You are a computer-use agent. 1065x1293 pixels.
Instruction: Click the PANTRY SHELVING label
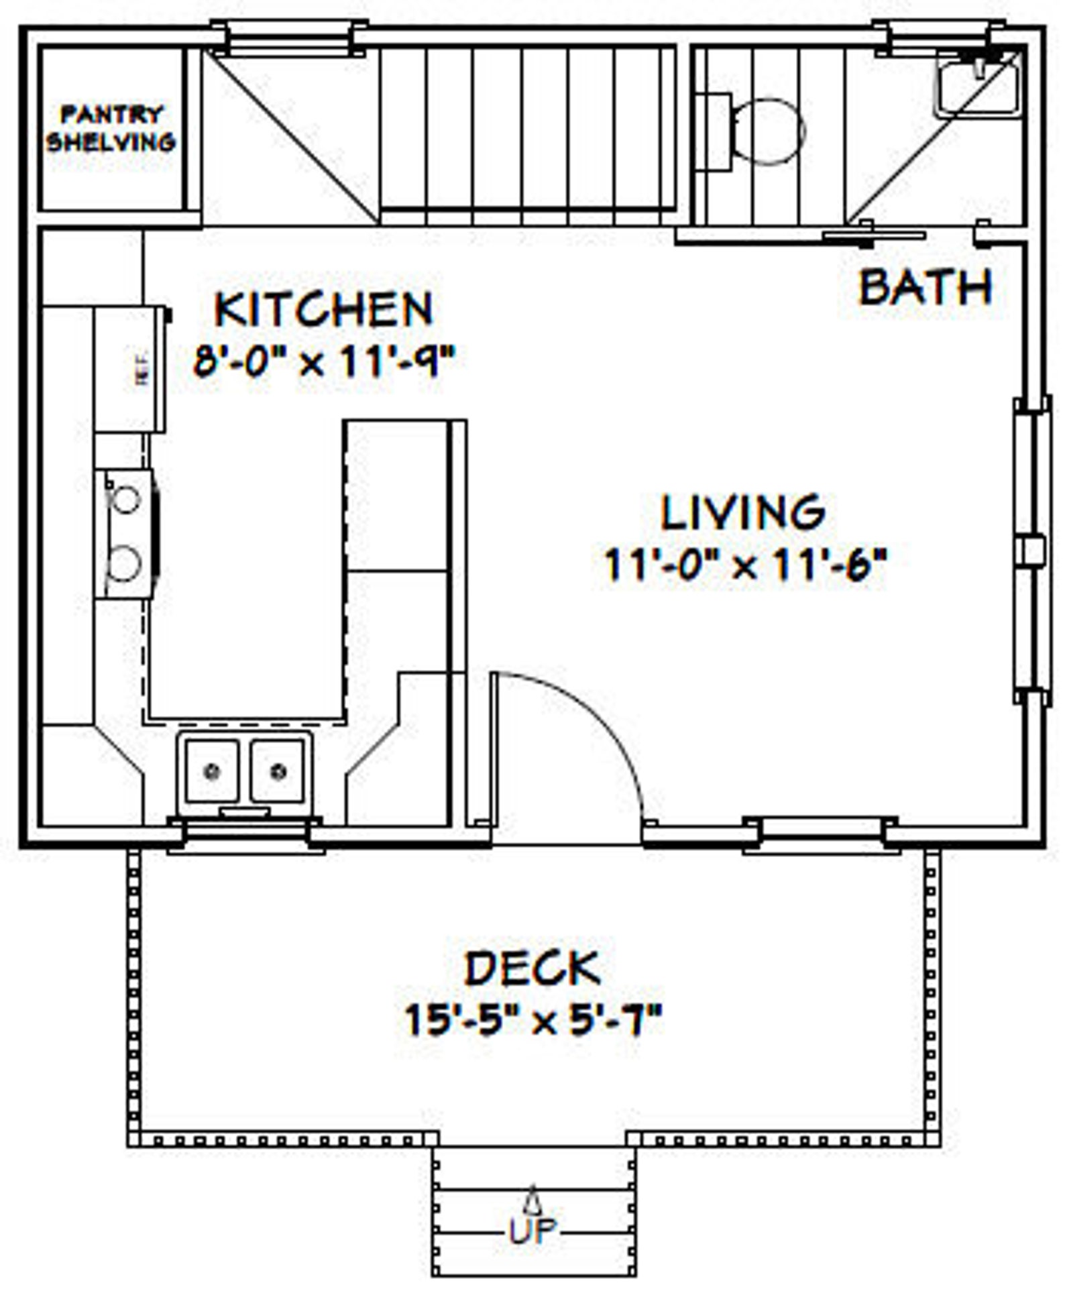(x=111, y=128)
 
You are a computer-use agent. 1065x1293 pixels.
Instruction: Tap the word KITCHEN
(x=323, y=310)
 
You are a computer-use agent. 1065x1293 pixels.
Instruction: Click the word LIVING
(x=743, y=512)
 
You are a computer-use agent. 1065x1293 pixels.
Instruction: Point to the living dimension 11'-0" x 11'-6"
(x=746, y=564)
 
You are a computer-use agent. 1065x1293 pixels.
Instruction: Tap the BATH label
(x=926, y=287)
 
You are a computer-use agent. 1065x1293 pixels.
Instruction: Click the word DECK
(x=532, y=968)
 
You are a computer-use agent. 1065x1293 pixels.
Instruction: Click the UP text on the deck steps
(x=532, y=1230)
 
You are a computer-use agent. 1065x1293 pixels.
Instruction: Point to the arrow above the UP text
(x=533, y=1198)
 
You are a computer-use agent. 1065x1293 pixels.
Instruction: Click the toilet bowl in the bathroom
(x=769, y=132)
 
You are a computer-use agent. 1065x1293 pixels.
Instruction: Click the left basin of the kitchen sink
(x=212, y=771)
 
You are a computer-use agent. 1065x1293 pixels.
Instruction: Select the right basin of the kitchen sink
(x=278, y=771)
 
